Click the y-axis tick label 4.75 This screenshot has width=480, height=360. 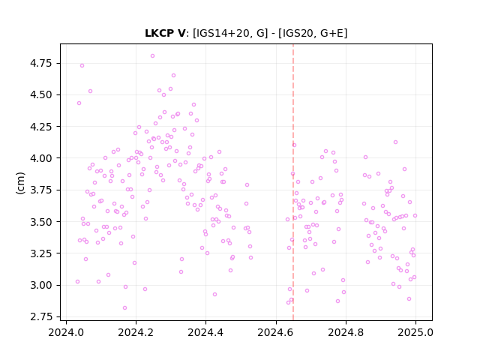tap(41, 63)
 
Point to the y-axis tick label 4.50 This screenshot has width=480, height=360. tap(41, 95)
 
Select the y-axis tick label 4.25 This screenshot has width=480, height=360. tap(41, 127)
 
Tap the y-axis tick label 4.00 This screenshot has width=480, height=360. tap(41, 158)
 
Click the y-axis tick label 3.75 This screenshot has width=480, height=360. tap(41, 190)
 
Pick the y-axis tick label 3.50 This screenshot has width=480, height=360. tap(41, 222)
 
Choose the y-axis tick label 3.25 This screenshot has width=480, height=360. tap(41, 253)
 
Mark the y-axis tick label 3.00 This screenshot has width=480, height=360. tap(41, 285)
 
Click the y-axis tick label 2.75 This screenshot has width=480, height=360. tap(41, 316)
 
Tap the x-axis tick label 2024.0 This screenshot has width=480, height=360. tap(66, 332)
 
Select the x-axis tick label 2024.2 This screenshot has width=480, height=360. tap(136, 332)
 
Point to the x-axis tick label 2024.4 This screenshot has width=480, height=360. tap(205, 332)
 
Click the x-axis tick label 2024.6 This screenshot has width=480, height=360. tap(276, 332)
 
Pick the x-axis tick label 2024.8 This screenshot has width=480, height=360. tap(346, 332)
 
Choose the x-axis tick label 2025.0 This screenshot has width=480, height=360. tap(415, 332)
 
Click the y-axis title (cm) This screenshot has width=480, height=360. tap(20, 183)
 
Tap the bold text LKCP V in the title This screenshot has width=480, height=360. tap(165, 33)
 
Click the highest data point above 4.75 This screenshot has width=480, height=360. tap(152, 55)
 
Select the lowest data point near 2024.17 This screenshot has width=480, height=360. tap(124, 307)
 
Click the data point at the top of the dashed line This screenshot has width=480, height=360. tap(294, 145)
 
